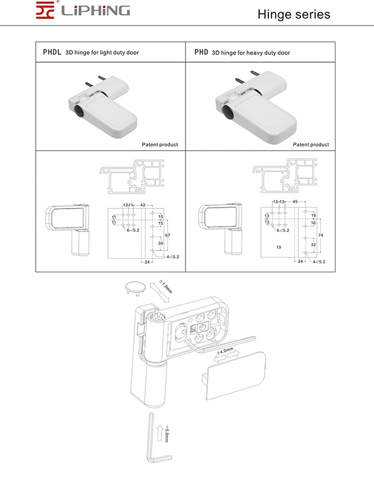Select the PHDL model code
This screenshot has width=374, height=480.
coord(52,53)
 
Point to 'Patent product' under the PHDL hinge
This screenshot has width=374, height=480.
coord(160,145)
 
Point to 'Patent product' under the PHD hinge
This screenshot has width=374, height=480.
coord(311,145)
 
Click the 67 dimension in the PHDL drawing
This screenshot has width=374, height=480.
coord(168,235)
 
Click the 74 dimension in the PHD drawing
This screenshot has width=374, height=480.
coord(320,235)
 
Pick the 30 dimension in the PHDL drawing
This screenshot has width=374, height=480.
coord(161,244)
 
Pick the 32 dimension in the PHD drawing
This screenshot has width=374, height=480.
coord(313,245)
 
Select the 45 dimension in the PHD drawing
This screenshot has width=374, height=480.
coord(295,202)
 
